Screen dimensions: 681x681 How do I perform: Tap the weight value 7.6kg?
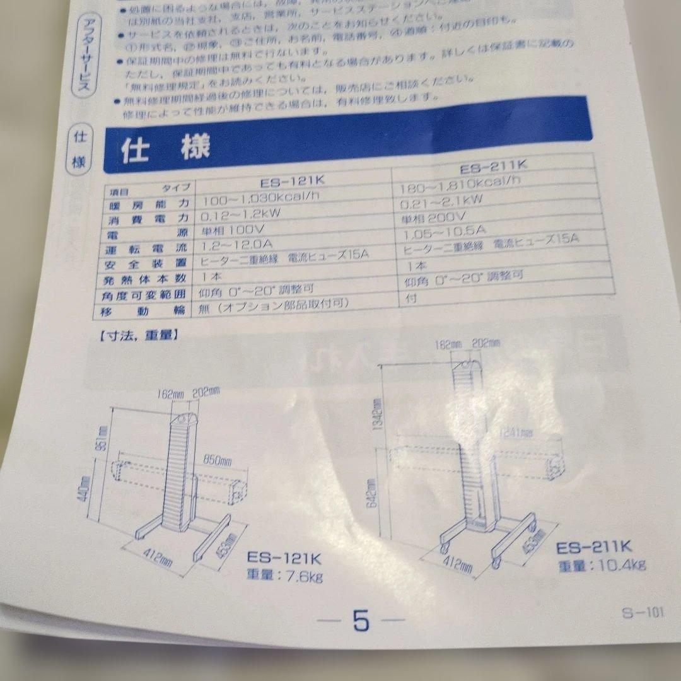point(305,576)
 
